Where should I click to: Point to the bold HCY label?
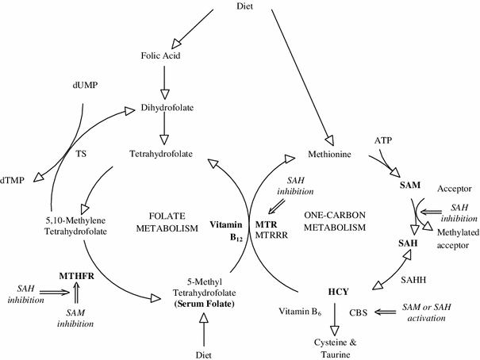point(340,292)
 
